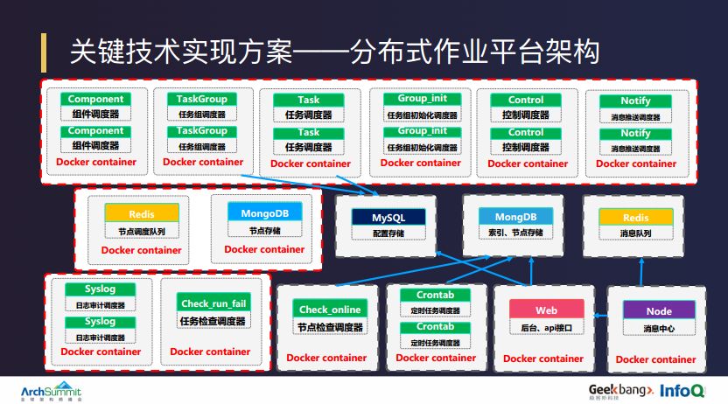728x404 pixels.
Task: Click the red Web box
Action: pyautogui.click(x=546, y=310)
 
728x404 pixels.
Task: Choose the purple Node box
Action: pyautogui.click(x=659, y=311)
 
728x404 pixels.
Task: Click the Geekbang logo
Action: pyautogui.click(x=619, y=387)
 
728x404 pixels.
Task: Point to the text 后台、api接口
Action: pyautogui.click(x=546, y=328)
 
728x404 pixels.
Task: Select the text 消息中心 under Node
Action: pyautogui.click(x=659, y=329)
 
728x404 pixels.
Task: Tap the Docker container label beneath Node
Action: pyautogui.click(x=656, y=359)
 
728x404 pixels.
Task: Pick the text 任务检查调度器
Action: pyautogui.click(x=214, y=321)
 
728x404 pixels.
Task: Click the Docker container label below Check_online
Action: pyautogui.click(x=327, y=357)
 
